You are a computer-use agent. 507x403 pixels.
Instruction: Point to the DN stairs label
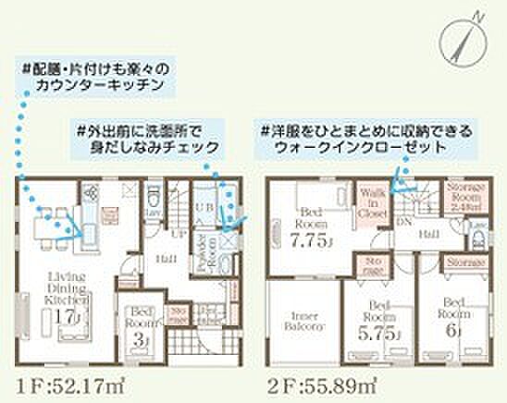[404, 223]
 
